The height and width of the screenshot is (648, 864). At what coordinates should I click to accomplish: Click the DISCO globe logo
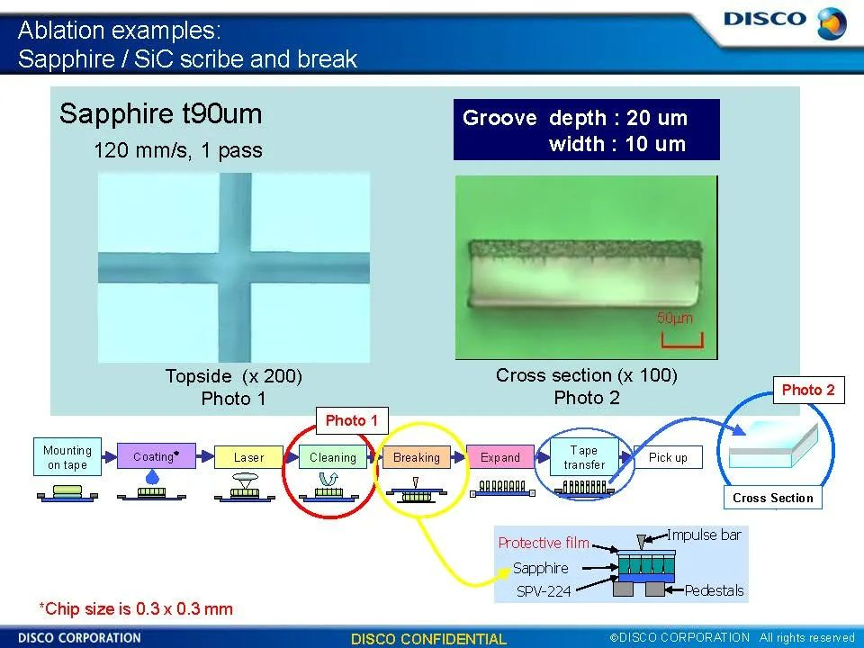click(x=832, y=23)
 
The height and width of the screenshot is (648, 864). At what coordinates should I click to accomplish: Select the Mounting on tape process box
click(x=67, y=457)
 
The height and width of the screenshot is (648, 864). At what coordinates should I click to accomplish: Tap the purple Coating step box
click(x=157, y=456)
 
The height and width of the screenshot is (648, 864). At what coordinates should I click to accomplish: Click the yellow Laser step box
click(x=248, y=457)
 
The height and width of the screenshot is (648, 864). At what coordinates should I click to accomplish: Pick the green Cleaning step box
click(x=333, y=457)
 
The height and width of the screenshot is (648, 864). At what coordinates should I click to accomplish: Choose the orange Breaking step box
click(x=417, y=457)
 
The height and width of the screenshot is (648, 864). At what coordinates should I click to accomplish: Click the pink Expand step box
click(x=500, y=457)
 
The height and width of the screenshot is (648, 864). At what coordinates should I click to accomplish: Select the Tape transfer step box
click(x=584, y=457)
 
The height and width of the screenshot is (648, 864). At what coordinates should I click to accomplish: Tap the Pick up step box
click(x=668, y=457)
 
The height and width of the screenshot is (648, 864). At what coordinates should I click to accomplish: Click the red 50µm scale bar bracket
click(x=682, y=341)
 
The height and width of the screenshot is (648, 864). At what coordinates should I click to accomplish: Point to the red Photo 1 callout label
click(x=352, y=421)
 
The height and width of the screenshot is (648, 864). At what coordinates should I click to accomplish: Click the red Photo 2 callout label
click(x=809, y=390)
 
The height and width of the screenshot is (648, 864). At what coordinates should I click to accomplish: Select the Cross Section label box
click(x=772, y=498)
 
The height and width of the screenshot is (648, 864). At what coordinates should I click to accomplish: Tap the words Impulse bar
click(x=704, y=535)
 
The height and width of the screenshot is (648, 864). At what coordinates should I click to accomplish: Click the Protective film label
click(x=544, y=544)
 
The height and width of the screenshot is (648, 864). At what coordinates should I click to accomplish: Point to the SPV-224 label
click(x=544, y=591)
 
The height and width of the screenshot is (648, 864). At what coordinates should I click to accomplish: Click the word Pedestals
click(x=714, y=590)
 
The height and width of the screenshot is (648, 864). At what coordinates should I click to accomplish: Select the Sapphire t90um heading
click(x=160, y=113)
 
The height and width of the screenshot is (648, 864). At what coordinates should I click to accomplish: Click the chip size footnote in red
click(x=136, y=609)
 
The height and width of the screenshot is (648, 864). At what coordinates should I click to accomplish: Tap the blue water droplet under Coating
click(x=152, y=477)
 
